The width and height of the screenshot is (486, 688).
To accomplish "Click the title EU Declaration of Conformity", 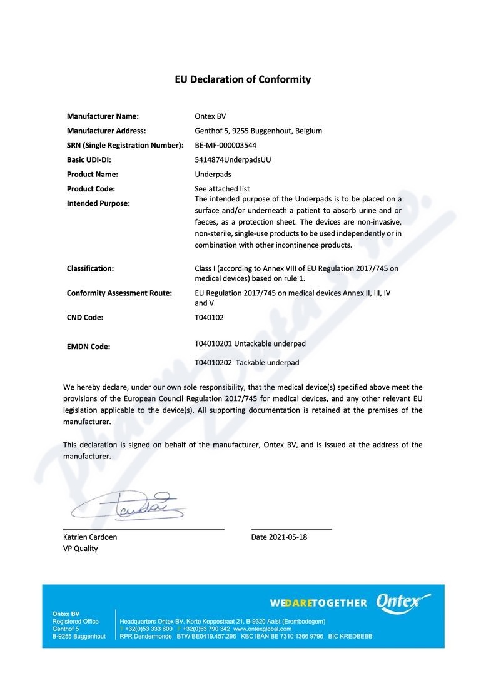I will point(243,79).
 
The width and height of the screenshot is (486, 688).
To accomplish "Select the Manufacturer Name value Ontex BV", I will point(210,116).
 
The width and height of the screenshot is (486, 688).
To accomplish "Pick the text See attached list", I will point(222,188).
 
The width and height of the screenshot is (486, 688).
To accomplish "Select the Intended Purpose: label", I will point(98,203).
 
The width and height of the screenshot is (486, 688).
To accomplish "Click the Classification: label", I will point(90,268).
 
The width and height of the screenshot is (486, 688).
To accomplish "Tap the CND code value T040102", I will point(209,317).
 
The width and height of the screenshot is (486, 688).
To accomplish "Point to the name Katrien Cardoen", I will point(90,537).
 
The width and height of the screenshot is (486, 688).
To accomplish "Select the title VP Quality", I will point(80,549).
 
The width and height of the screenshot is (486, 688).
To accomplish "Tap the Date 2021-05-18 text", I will point(279,537).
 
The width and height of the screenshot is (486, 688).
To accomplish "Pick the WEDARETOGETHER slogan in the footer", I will point(318,603).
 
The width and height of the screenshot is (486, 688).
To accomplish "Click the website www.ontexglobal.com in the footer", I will point(263,629).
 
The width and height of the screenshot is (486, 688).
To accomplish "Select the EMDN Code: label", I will point(88,346).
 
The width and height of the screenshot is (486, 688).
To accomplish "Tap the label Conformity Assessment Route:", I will point(119,293).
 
